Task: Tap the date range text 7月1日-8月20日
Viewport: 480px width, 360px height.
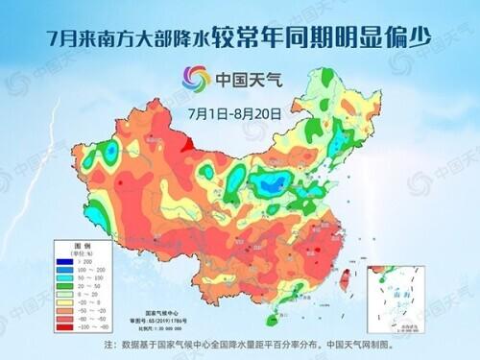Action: point(234,112)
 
